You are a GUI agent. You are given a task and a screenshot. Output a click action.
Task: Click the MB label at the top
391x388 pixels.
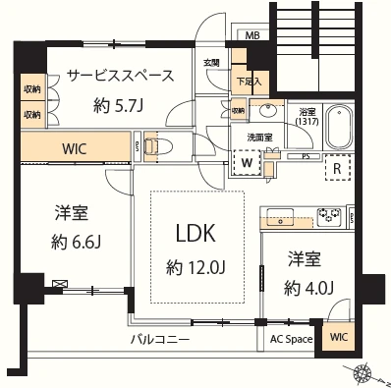[252, 37]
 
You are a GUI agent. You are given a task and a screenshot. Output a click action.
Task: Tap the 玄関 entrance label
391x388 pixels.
[211, 64]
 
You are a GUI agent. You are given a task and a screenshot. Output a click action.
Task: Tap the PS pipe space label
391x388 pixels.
[306, 156]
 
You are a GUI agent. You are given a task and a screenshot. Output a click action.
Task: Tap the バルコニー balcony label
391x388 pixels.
[163, 340]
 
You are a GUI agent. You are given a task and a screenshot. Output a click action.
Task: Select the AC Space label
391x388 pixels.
[291, 340]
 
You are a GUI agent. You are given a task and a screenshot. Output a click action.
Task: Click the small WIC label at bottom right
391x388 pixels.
[339, 338]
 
